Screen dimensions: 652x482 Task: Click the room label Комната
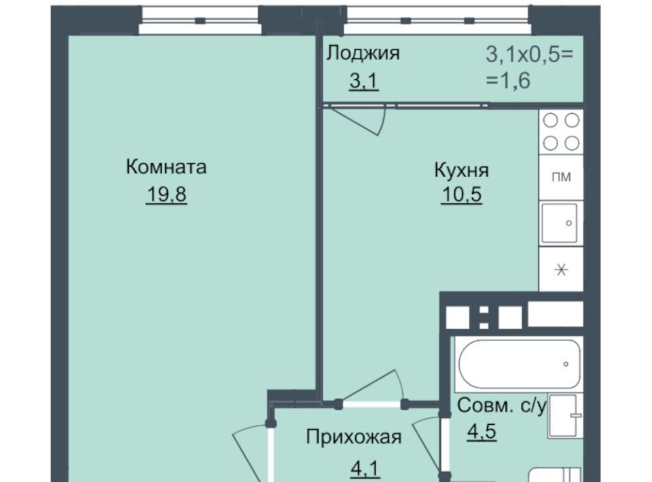[x=166, y=167]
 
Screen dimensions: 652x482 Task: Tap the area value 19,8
[x=166, y=194]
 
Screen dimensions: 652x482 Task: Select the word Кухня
[x=462, y=170]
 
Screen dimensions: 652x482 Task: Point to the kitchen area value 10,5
[x=462, y=194]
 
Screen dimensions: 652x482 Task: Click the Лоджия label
[x=363, y=53]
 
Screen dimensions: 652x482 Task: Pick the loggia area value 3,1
[x=364, y=81]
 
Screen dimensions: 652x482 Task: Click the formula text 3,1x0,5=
[x=529, y=55]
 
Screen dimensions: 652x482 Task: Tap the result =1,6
[x=508, y=80]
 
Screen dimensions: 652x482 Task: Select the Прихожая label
[x=354, y=437]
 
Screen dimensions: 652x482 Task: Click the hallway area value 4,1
[x=365, y=468]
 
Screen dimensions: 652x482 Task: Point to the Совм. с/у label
[x=501, y=405]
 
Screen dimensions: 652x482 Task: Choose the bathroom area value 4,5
[x=482, y=431]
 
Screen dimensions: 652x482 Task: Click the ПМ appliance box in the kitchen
[x=562, y=177]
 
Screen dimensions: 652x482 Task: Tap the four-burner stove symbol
[x=562, y=132]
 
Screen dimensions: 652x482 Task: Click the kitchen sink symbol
[x=560, y=223]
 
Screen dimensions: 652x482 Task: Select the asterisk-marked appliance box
[x=562, y=270]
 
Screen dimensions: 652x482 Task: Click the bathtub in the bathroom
[x=519, y=365]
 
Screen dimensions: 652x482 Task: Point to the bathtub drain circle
[x=566, y=365]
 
